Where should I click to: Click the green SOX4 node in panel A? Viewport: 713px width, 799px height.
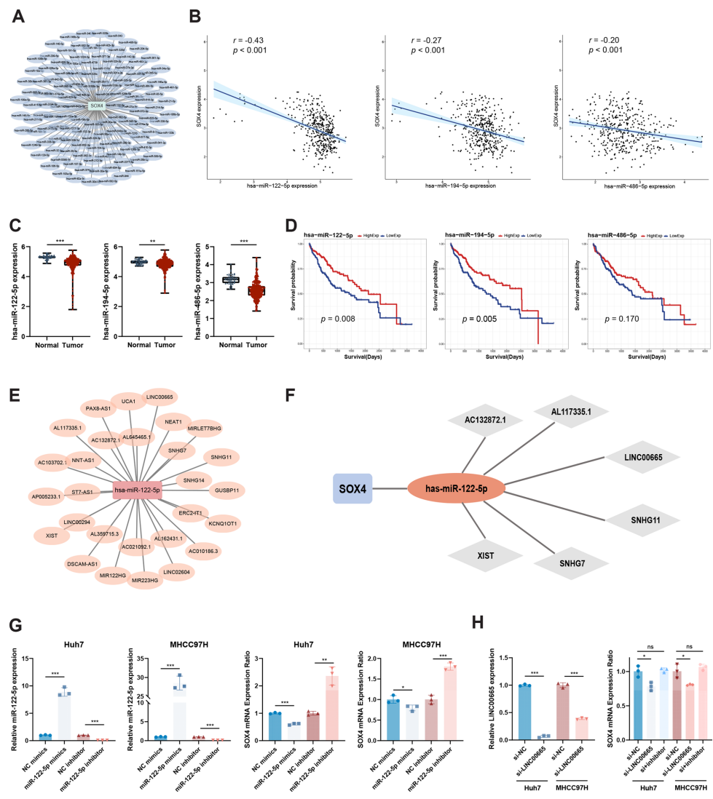[x=96, y=106]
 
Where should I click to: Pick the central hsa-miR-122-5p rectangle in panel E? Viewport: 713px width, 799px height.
[x=137, y=491]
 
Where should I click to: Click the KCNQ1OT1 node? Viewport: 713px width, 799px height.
[x=223, y=523]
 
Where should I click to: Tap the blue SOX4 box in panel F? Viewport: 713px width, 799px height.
[x=353, y=487]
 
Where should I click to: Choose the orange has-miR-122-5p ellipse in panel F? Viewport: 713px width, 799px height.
[x=457, y=487]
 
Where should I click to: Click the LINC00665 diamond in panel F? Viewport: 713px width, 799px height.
[x=641, y=457]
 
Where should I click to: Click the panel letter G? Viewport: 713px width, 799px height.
[x=16, y=628]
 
